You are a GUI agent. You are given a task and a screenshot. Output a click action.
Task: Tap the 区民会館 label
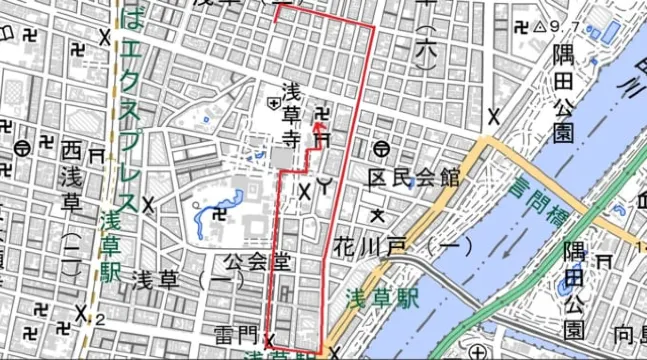[413, 179]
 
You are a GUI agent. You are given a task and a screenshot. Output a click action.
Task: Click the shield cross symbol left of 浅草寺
[273, 101]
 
